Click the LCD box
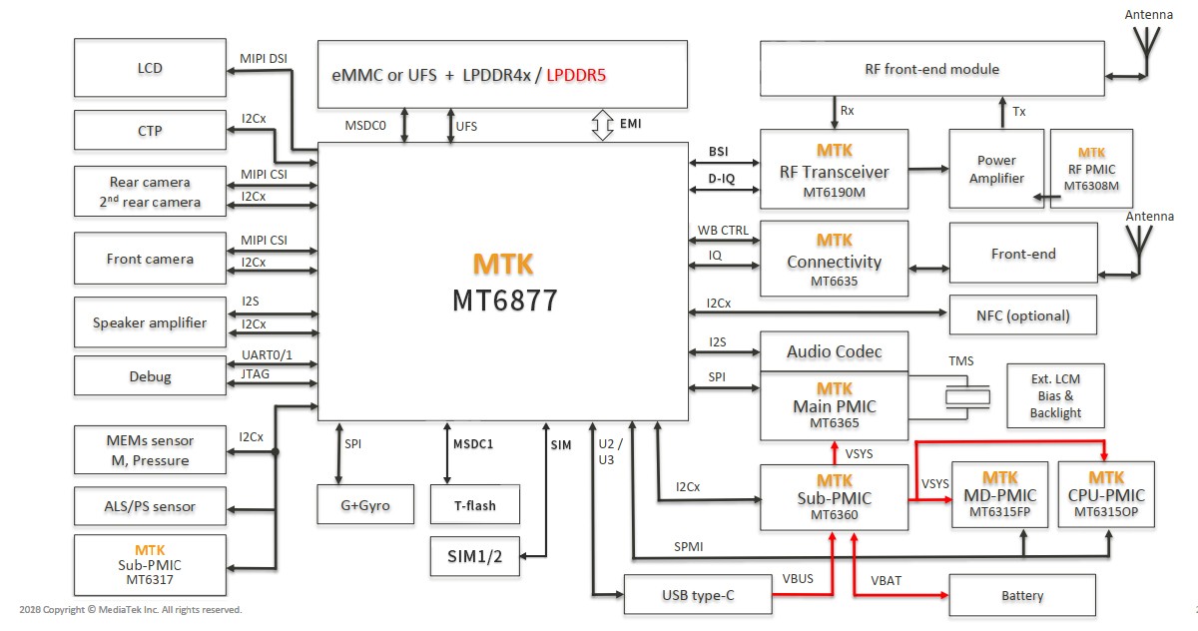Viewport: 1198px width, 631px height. point(150,69)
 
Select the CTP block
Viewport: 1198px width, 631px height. point(150,131)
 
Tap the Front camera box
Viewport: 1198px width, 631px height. point(150,259)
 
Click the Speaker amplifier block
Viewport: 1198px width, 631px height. point(150,322)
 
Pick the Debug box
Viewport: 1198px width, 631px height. point(150,376)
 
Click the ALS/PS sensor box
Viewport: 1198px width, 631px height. point(150,506)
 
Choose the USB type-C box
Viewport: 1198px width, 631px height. point(698,595)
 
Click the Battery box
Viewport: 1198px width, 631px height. point(1022,595)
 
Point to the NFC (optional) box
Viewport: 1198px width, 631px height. point(1022,315)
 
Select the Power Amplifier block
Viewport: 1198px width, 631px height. point(996,169)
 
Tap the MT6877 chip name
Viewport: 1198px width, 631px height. point(503,300)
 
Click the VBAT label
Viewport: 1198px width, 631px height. point(887,580)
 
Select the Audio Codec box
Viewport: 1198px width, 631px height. point(834,351)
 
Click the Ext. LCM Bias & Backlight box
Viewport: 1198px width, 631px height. point(1056,395)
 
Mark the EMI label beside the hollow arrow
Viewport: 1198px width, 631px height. point(631,124)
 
